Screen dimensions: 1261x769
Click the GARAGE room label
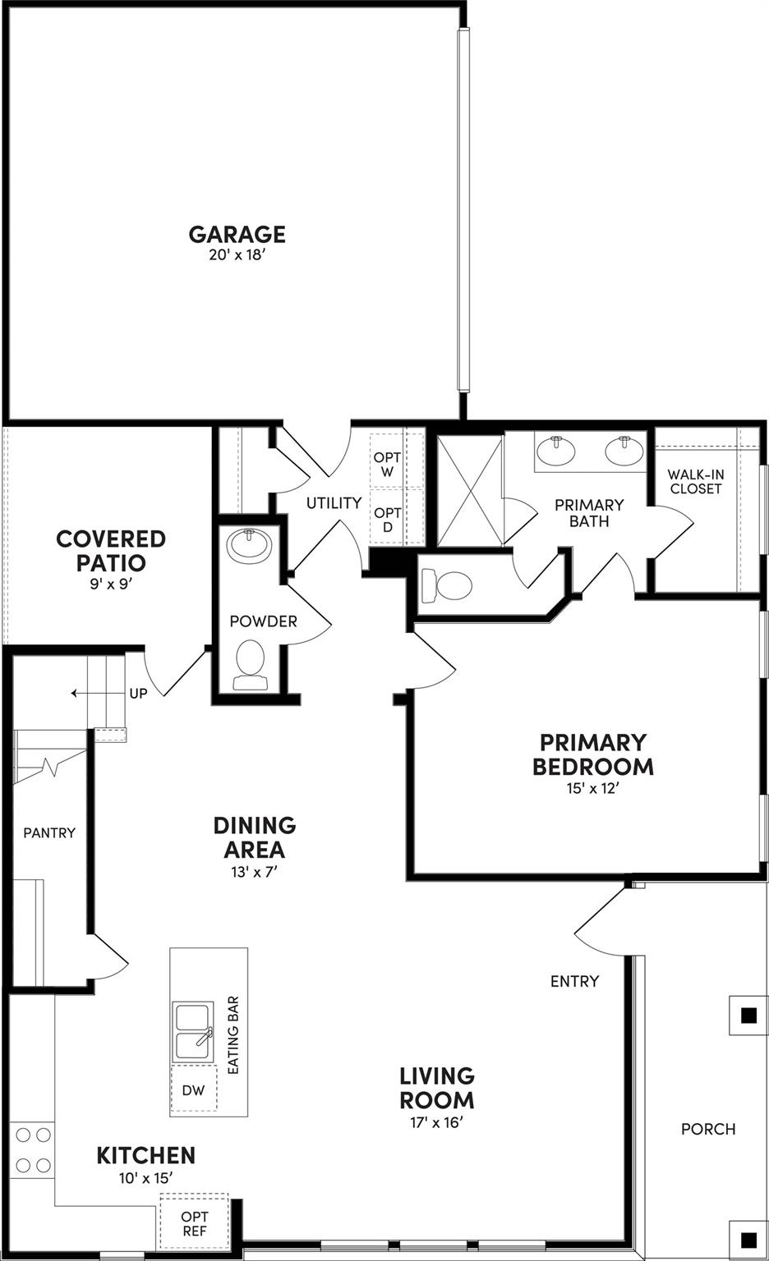(x=237, y=234)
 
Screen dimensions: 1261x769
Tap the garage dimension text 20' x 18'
(x=237, y=255)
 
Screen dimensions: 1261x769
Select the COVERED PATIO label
(x=111, y=551)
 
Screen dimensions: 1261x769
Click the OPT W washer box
(x=388, y=465)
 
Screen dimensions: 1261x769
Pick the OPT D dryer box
(x=388, y=519)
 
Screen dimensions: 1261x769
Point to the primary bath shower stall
(x=469, y=491)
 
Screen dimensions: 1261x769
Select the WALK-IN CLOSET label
(x=695, y=481)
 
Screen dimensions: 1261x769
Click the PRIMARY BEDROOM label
(x=592, y=754)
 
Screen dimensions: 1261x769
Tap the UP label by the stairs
(x=138, y=694)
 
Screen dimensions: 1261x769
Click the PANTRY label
(x=49, y=832)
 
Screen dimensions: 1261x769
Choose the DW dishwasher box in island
(x=193, y=1090)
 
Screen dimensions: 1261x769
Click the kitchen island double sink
(x=193, y=1031)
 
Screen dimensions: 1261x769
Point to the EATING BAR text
(x=233, y=1035)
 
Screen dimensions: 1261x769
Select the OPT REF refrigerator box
(x=195, y=1223)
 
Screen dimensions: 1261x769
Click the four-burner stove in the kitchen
(x=33, y=1150)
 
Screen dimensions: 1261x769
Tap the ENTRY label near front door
(x=574, y=981)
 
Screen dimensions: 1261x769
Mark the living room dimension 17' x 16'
(x=437, y=1122)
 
